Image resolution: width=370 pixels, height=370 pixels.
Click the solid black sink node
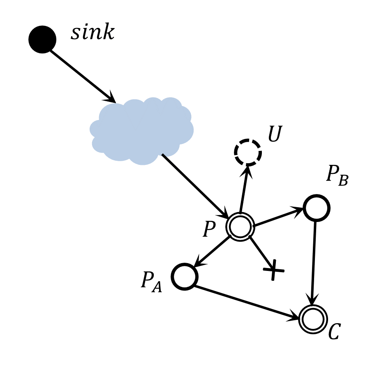click(x=42, y=39)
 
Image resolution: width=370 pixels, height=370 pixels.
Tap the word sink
click(x=92, y=33)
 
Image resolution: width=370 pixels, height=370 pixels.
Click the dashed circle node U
click(x=248, y=153)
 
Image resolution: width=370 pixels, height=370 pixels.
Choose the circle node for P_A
click(x=184, y=276)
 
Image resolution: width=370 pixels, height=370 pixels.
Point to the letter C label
click(x=334, y=332)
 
